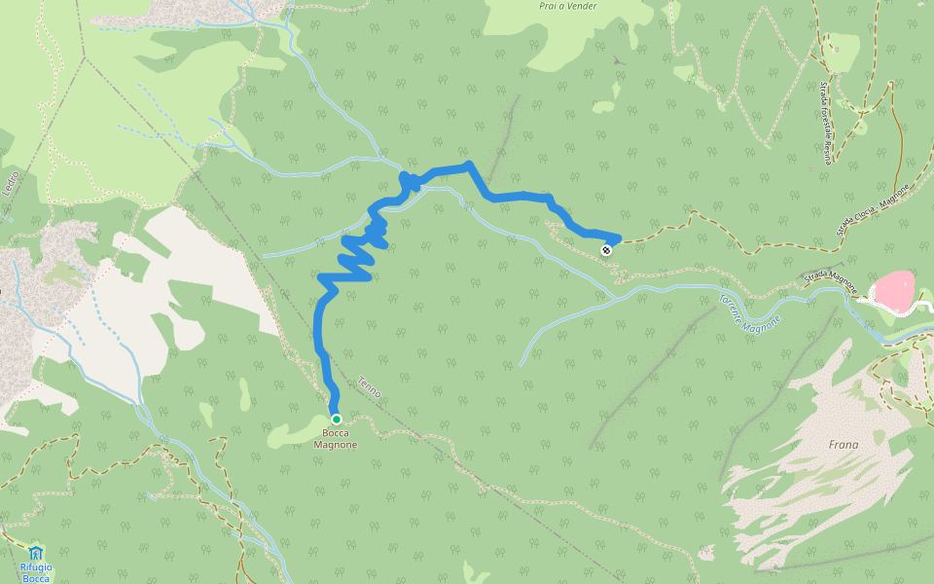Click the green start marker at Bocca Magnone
coord(336,419)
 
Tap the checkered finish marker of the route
coord(606,250)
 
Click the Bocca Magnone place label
coord(335,439)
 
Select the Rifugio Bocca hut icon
coord(36,553)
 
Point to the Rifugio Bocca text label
coord(36,572)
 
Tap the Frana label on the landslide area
coord(844,445)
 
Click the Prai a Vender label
coord(567,6)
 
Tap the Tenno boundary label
coord(369,386)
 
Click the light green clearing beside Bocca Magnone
coord(292,434)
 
